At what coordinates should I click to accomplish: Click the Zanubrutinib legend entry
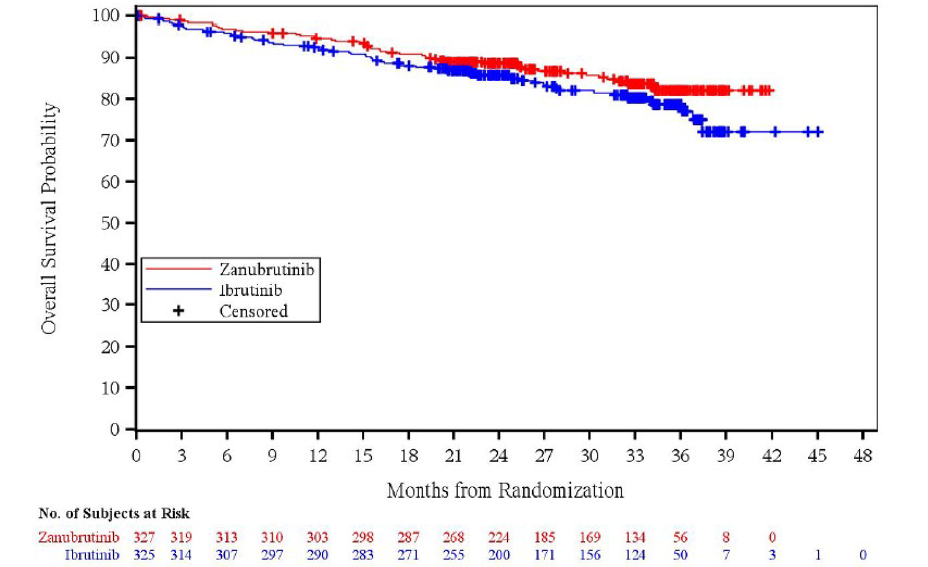click(266, 269)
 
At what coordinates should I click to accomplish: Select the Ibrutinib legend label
click(250, 290)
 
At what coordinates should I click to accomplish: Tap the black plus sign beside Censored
click(179, 311)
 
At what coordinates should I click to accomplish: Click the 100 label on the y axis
click(107, 15)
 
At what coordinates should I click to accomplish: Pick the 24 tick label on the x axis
click(498, 456)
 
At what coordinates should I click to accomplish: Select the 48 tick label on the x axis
click(862, 456)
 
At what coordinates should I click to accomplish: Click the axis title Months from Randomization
click(505, 490)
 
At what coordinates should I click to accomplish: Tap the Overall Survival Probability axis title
click(49, 219)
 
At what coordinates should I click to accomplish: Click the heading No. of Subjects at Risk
click(114, 513)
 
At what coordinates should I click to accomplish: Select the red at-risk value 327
click(144, 537)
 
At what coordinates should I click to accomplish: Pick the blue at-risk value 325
click(144, 554)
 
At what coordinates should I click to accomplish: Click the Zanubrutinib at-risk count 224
click(498, 537)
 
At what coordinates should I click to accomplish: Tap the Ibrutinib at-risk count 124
click(635, 554)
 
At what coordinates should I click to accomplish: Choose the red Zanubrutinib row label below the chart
click(79, 537)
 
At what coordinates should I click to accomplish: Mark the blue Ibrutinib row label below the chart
click(92, 554)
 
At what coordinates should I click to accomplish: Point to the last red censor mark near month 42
click(769, 90)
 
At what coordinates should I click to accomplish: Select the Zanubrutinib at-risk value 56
click(680, 537)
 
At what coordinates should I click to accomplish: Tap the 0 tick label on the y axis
click(114, 429)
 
